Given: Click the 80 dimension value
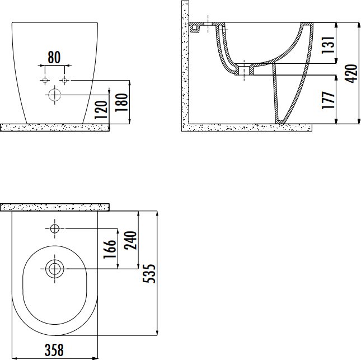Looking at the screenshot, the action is (x=54, y=57).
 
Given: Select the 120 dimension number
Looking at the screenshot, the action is (x=101, y=110).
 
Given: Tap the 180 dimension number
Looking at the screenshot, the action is (x=121, y=102).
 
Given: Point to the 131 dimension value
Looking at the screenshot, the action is (x=328, y=45).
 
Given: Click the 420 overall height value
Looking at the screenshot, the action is (x=351, y=73).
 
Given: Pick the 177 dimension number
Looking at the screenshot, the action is (x=328, y=100).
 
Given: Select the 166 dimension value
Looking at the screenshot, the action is (x=109, y=250).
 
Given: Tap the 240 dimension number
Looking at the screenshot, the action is (x=130, y=240).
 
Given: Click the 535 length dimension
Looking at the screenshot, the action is (x=149, y=273).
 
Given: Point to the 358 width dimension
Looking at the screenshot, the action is (x=54, y=350).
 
